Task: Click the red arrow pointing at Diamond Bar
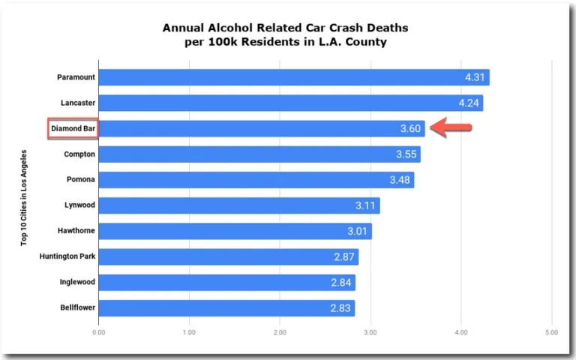454,129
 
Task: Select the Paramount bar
292,77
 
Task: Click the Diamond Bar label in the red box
73,129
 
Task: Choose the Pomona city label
80,180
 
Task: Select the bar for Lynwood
238,205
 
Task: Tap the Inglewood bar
225,283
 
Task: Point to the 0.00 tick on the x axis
98,331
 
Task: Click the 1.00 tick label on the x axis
189,331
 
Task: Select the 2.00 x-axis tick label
280,331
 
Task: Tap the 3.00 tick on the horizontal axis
370,331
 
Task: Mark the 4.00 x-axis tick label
461,331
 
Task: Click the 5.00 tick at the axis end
551,331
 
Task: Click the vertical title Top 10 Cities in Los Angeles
24,197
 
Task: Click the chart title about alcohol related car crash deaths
286,34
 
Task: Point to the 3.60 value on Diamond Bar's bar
410,129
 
